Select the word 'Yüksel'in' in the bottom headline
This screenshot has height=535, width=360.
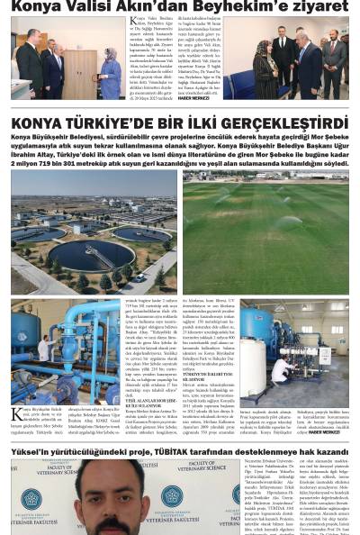tap(36, 450)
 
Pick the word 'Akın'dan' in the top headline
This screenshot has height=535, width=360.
tap(158, 7)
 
